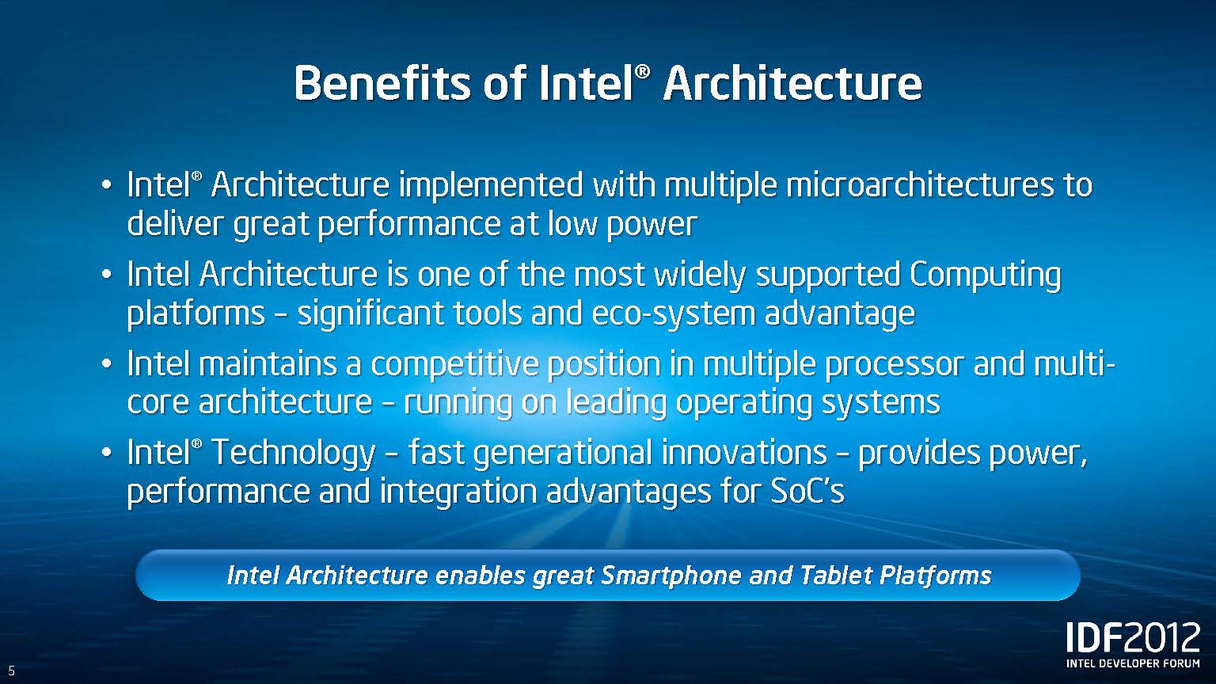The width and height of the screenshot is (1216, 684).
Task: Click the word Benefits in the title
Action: coord(382,83)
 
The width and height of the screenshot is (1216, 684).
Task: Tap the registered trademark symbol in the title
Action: coord(642,72)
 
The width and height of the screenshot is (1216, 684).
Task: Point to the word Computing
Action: coord(986,275)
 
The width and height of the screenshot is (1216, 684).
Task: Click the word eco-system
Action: coord(673,313)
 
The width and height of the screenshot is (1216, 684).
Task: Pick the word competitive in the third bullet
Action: coord(455,364)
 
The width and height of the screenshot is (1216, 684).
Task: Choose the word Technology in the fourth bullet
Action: coord(293,453)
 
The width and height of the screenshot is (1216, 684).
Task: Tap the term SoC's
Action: coord(807,491)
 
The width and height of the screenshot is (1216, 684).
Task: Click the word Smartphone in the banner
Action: coord(671,576)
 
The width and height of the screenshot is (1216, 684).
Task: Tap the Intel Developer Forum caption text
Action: coord(1134,663)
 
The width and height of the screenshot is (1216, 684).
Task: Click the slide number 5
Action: coord(11,671)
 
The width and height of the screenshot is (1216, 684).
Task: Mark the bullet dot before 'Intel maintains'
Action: coord(107,363)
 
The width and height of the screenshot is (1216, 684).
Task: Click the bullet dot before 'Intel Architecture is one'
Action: coord(107,275)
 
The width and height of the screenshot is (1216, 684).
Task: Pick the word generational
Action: coord(563,453)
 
